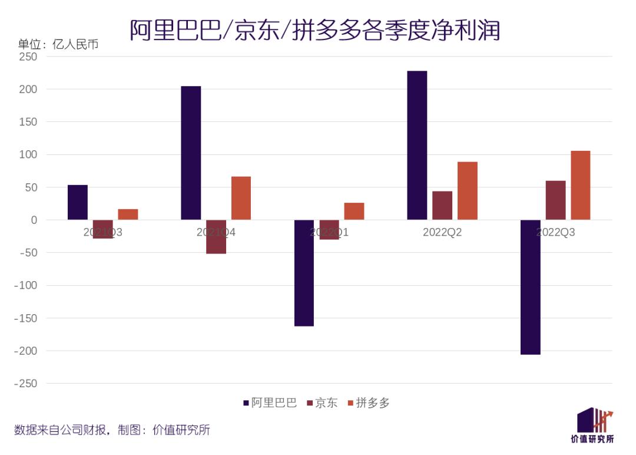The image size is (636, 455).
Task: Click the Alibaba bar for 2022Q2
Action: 417,145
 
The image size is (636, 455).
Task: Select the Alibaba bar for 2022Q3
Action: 530,287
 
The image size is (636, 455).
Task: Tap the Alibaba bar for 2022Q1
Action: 304,273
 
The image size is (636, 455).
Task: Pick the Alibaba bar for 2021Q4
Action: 191,153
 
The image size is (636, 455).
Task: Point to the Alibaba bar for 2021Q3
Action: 78,202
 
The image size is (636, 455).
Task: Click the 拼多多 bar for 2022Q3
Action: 580,185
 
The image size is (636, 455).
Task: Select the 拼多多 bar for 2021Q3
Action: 128,215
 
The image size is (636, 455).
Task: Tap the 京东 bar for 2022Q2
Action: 442,205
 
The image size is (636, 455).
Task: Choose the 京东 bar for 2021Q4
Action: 216,237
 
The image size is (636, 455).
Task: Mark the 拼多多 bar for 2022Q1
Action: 354,211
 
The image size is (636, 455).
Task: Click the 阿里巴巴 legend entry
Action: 270,403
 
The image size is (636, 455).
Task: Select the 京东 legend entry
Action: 322,403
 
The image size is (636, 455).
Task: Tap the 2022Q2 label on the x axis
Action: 442,232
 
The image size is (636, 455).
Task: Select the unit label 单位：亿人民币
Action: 58,44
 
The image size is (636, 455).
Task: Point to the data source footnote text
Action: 112,430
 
